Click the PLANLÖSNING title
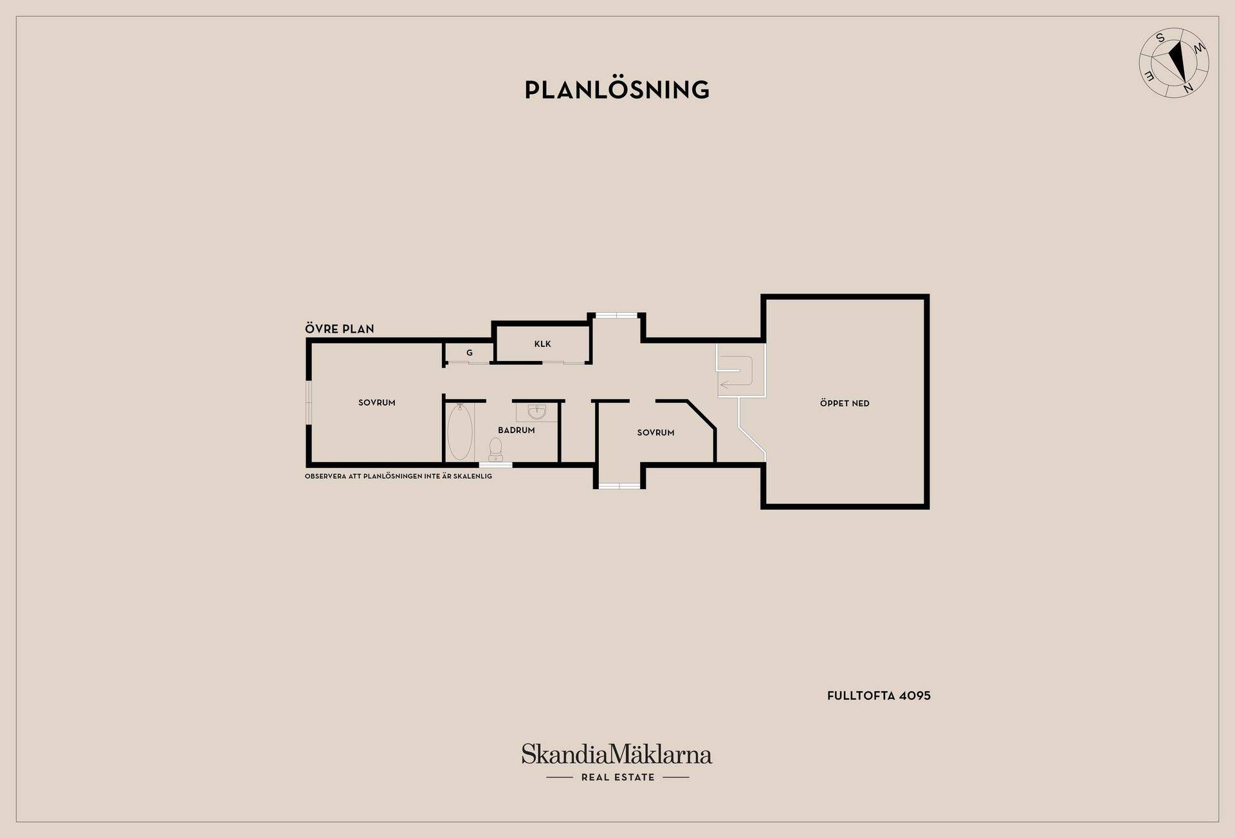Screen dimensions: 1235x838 coord(617,89)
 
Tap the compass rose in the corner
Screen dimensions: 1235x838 coord(1174,63)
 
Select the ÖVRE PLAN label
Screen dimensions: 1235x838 coord(340,329)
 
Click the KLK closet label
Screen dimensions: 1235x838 coord(542,344)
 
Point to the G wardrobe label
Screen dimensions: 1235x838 coord(470,353)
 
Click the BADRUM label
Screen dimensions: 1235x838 coord(517,430)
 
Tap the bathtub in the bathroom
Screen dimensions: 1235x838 coord(460,431)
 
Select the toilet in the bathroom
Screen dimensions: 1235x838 coord(495,449)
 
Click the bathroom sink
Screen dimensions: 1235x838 coord(536,412)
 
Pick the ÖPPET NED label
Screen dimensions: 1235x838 coord(845,404)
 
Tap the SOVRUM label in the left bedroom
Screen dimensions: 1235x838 coord(377,403)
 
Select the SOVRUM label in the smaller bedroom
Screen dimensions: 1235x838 coord(655,433)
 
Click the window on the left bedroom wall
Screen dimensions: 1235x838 coord(309,404)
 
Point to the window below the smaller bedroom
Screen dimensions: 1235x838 coord(619,485)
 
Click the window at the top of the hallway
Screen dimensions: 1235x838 coord(616,315)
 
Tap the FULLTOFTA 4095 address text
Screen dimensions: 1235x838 coord(879,696)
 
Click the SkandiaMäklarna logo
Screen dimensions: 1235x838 coord(617,754)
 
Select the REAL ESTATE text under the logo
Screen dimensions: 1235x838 coord(617,777)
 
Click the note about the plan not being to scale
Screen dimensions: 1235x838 coord(398,476)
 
